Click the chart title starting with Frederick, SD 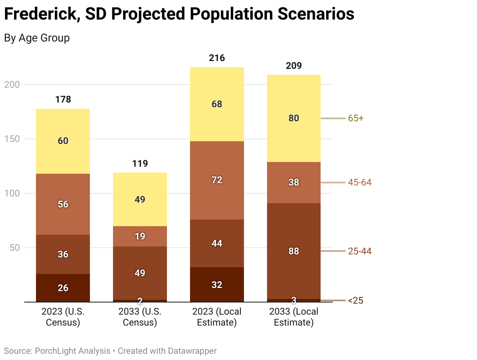[x=179, y=14]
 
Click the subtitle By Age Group [x=37, y=38]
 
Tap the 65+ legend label [x=356, y=118]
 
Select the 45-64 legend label [x=360, y=182]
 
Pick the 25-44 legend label [x=360, y=251]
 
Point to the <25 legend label [x=355, y=301]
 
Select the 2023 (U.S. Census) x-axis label [x=63, y=317]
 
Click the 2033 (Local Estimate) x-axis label [x=294, y=317]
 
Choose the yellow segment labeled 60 [x=63, y=141]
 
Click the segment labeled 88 [x=294, y=251]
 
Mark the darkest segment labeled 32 [x=217, y=285]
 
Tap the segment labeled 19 [x=140, y=236]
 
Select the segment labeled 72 [x=217, y=180]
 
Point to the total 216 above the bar [x=217, y=58]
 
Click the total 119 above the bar [x=140, y=164]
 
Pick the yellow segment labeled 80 [x=294, y=118]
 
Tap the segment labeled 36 [x=63, y=254]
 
